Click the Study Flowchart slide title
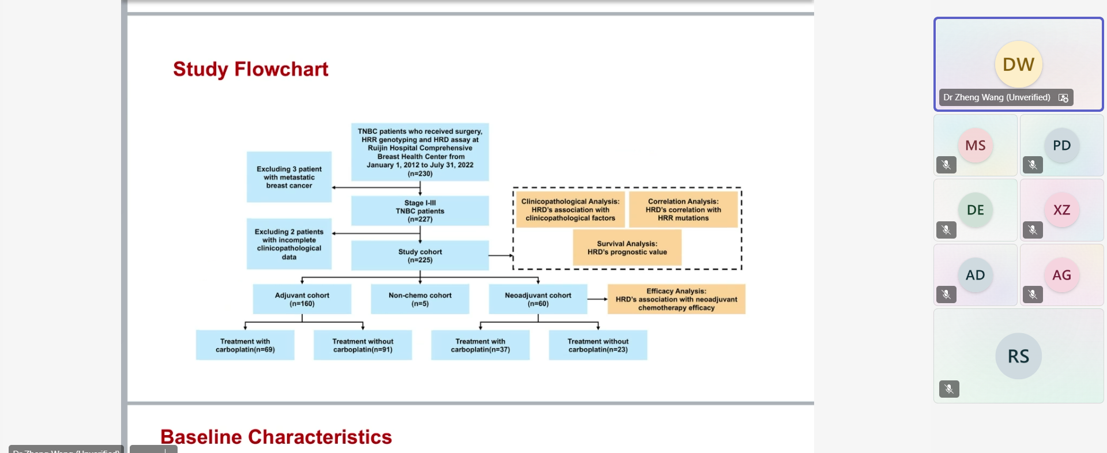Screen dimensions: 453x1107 click(250, 69)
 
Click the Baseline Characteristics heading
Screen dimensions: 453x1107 click(276, 437)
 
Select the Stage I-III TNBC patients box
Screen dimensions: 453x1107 click(420, 211)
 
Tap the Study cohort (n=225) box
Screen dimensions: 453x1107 click(420, 256)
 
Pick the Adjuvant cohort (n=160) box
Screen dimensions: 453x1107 click(302, 299)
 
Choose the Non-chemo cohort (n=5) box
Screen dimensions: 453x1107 click(420, 299)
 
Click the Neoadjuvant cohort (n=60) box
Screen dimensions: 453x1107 click(538, 299)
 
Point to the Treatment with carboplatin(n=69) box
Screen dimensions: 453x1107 click(245, 345)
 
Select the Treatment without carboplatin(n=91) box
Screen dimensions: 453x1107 click(363, 345)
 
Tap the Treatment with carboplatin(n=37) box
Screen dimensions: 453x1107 click(480, 345)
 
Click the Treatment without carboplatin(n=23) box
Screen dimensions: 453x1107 click(598, 345)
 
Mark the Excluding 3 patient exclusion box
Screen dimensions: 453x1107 click(289, 177)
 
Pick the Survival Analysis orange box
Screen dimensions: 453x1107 click(627, 248)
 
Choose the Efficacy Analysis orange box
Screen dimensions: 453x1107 click(676, 299)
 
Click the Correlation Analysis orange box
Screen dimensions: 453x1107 click(683, 210)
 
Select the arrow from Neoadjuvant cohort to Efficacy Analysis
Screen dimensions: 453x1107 click(597, 299)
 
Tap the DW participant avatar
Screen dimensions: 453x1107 click(1018, 64)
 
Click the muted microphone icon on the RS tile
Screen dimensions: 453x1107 click(949, 389)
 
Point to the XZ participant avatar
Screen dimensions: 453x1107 click(1061, 210)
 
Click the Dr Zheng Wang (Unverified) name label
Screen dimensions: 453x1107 click(996, 97)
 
